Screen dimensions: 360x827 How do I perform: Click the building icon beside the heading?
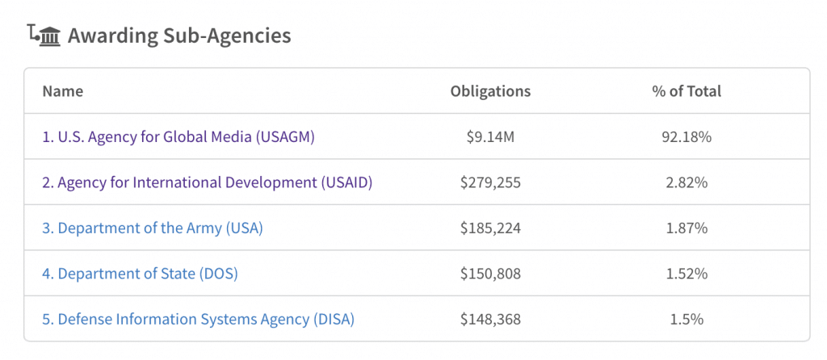pos(45,36)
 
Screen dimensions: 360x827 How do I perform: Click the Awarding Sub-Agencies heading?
pos(179,36)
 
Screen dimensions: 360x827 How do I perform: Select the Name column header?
pos(63,91)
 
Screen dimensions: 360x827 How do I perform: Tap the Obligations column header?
pos(490,91)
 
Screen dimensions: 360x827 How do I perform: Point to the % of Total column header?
pos(686,91)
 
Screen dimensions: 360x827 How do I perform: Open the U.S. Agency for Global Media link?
pos(178,136)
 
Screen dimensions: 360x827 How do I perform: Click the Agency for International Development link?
pos(207,182)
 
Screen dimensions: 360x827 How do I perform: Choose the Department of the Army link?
pos(153,228)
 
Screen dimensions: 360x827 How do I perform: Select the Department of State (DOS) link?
pos(140,274)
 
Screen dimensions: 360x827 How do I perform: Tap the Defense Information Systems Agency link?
pos(198,320)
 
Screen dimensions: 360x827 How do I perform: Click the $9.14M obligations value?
pos(490,136)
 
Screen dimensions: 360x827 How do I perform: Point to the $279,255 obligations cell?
pos(490,182)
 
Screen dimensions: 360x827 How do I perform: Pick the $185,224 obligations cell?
pos(490,228)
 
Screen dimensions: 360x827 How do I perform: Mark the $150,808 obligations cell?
pos(490,274)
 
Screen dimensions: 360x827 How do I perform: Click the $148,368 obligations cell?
pos(490,320)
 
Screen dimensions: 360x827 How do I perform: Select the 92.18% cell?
pos(686,136)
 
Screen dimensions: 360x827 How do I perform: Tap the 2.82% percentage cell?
pos(686,182)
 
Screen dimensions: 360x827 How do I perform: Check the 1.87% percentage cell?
pos(686,228)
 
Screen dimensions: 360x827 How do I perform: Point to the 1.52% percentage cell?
pos(686,274)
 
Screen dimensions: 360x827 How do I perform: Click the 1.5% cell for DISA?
pos(686,320)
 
